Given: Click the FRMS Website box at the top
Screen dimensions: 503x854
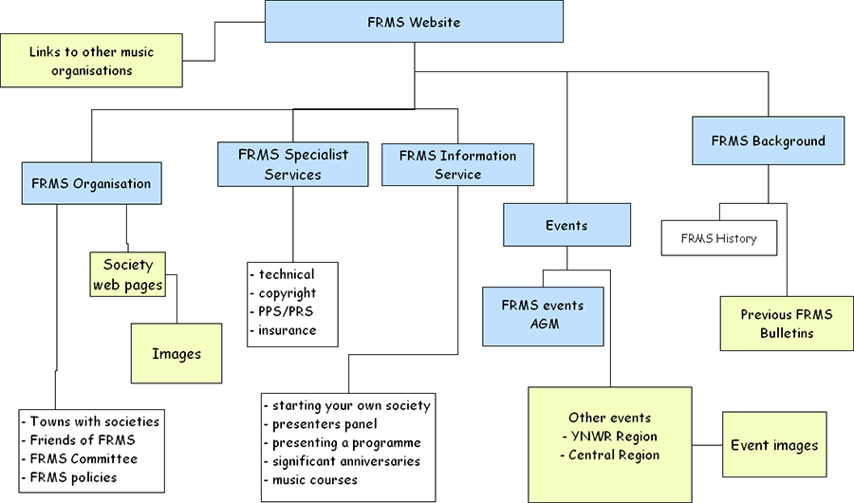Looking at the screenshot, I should (414, 22).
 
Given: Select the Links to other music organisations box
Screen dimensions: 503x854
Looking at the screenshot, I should (91, 61).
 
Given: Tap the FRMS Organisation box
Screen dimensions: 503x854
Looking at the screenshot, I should (91, 183).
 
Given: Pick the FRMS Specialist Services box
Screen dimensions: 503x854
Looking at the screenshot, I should (292, 164).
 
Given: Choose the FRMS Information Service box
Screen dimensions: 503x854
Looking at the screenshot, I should (458, 164).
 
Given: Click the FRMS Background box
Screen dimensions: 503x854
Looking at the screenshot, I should (768, 141).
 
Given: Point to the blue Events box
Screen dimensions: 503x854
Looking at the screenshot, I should (566, 226).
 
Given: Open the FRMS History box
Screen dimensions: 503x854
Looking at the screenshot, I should (718, 238).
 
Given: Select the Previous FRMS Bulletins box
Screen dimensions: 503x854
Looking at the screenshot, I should (786, 324).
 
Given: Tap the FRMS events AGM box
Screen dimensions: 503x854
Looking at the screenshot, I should (543, 315).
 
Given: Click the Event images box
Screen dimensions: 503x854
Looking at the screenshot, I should (774, 444).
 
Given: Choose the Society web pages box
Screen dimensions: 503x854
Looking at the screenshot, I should (127, 274).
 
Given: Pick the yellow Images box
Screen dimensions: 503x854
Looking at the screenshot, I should (176, 354).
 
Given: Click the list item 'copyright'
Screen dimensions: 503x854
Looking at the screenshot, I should (287, 293).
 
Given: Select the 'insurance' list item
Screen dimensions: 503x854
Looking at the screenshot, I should (287, 330).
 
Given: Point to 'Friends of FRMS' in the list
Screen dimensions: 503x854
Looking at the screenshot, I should (83, 439).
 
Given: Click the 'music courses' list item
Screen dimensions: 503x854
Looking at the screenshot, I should (314, 479).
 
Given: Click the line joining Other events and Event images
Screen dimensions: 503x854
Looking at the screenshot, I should (707, 445).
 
